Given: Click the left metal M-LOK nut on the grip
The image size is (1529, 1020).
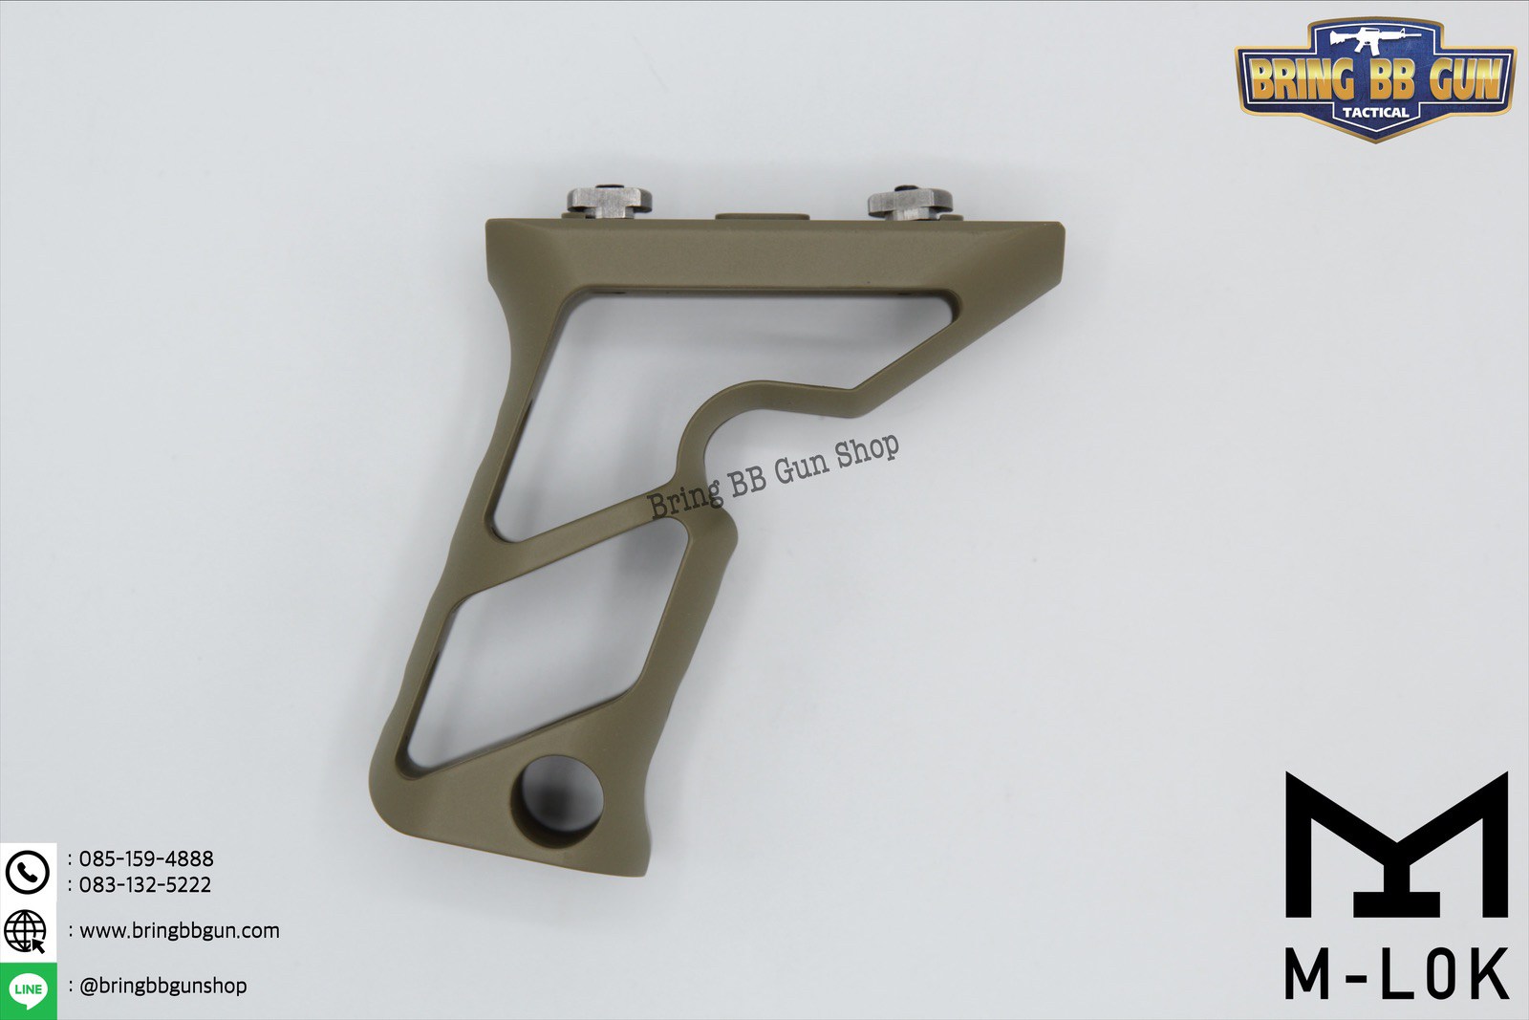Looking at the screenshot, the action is pos(610,202).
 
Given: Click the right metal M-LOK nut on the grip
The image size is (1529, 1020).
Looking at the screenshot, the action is pos(910,203).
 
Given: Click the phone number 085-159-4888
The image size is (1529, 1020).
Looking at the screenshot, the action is pos(146,858).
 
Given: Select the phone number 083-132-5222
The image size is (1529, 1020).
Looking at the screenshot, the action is pos(144,885).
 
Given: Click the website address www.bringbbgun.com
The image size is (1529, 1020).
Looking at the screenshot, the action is pos(180,930).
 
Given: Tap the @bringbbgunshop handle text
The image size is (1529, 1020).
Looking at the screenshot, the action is pos(163,986).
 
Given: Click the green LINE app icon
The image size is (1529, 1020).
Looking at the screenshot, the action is pos(28,990).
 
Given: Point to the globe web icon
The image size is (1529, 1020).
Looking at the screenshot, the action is pos(25,931).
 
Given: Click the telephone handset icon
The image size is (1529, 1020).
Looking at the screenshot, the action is pos(28,872).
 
